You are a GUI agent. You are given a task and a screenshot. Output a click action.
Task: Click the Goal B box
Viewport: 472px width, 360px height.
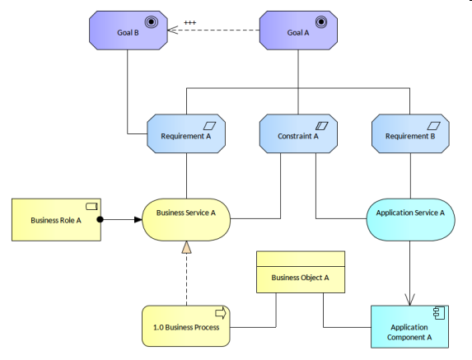tap(127, 33)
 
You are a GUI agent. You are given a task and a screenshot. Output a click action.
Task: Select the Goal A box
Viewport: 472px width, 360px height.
tap(297, 33)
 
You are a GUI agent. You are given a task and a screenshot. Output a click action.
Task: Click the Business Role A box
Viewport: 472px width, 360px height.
tap(56, 220)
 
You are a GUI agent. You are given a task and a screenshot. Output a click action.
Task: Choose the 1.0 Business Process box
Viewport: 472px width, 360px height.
tap(185, 327)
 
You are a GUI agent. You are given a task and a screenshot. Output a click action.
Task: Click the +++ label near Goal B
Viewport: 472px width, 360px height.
tap(189, 22)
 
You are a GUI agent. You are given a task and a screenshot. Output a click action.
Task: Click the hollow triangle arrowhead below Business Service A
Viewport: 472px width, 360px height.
tap(186, 247)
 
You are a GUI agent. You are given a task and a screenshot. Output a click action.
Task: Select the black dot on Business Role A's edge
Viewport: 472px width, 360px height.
tap(100, 220)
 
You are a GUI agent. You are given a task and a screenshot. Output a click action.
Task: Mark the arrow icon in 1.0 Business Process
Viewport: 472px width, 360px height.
tap(220, 314)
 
